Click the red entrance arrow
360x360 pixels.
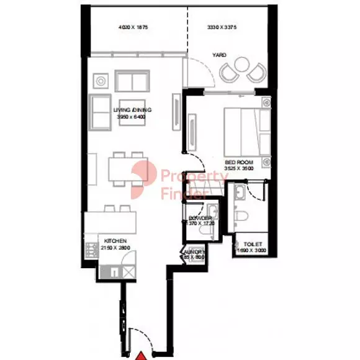pyautogui.click(x=142, y=355)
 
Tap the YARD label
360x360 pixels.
pyautogui.click(x=219, y=55)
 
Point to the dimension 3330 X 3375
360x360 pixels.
pyautogui.click(x=222, y=28)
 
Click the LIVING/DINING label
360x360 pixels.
pyautogui.click(x=132, y=109)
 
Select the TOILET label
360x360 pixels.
pyautogui.click(x=253, y=245)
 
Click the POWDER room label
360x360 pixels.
pyautogui.click(x=201, y=218)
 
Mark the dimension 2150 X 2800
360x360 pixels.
pyautogui.click(x=115, y=248)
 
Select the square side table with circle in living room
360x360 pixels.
pyautogui.click(x=99, y=80)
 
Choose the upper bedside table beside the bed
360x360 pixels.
pyautogui.click(x=266, y=102)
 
